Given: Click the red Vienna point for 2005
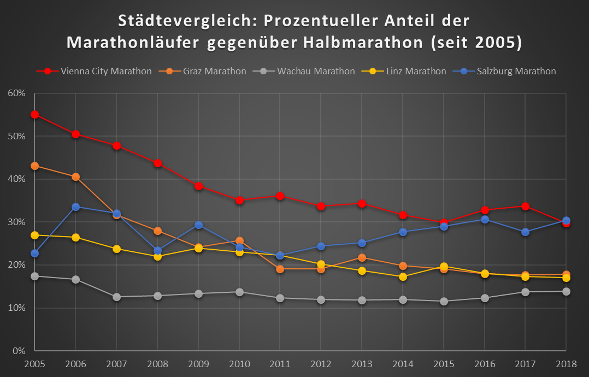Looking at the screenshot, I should click(34, 115).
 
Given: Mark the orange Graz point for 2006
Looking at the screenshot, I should click(75, 177).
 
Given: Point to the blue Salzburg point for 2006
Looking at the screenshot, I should click(75, 207).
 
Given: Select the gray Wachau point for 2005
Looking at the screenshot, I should click(34, 276).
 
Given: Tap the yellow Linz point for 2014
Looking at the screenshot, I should click(403, 276).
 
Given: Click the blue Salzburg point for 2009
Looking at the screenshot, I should click(198, 225).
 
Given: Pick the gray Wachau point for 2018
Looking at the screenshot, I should click(566, 291).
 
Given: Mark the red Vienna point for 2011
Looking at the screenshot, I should click(280, 196).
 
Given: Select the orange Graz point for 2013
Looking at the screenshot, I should click(362, 257).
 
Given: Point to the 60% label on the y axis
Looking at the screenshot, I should click(16, 93).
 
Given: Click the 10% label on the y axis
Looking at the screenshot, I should click(16, 308).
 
